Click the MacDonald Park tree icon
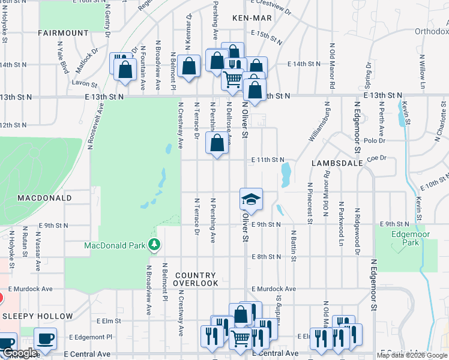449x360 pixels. [155, 245]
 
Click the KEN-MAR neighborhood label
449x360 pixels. [252, 19]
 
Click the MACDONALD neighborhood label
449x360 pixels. [36, 197]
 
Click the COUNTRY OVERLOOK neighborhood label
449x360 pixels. [196, 279]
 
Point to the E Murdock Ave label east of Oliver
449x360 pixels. [274, 289]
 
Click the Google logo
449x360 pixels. [20, 353]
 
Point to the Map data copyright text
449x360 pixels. [411, 355]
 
